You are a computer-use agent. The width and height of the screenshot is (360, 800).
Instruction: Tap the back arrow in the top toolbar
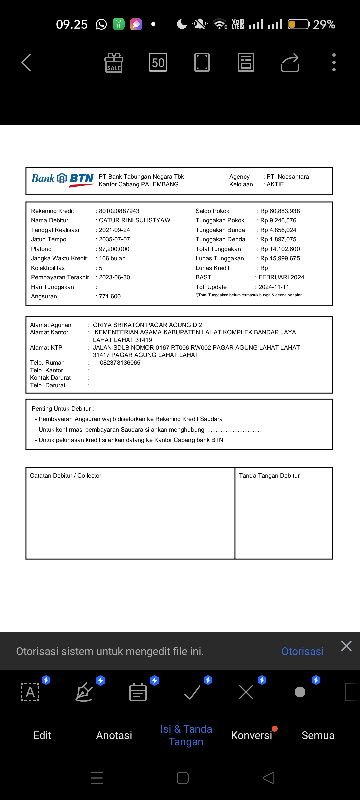26,62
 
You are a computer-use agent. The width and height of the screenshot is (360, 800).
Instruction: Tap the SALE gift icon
114,63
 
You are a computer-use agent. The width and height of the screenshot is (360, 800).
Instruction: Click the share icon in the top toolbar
290,63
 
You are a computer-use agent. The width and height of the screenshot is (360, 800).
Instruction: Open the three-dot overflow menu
334,62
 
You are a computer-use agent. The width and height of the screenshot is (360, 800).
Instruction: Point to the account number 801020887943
119,211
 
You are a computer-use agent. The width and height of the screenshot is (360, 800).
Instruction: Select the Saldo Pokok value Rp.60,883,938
280,211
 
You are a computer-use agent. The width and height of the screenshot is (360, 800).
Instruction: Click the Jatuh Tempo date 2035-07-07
114,239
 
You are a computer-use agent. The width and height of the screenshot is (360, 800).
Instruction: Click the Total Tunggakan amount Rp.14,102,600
280,249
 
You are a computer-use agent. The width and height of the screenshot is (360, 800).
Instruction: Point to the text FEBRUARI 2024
281,277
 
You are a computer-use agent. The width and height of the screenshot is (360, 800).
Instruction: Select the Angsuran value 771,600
110,296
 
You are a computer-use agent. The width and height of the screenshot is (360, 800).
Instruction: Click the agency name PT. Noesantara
288,177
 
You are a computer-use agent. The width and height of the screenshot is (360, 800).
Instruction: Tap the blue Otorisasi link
302,651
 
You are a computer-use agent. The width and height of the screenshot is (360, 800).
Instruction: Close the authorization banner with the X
346,646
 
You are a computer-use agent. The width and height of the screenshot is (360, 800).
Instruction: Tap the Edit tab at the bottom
42,735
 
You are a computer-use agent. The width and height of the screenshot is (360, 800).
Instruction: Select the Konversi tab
251,735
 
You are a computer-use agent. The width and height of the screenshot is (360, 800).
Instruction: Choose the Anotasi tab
114,735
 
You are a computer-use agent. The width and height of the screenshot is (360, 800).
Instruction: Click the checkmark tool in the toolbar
192,692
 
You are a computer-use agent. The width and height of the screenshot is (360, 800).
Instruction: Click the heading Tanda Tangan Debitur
269,476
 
